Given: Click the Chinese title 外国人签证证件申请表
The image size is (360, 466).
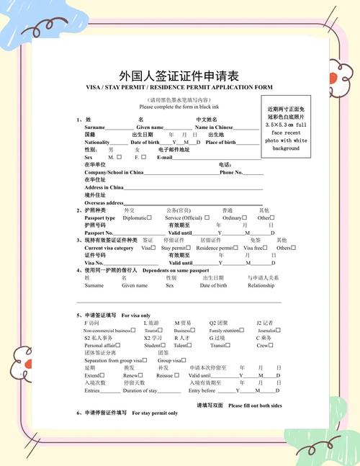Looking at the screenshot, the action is pos(179,76).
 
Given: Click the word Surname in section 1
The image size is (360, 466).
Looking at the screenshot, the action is pos(95,127).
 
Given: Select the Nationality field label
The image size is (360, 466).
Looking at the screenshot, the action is pos(97,142).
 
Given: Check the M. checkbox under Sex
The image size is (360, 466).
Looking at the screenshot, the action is pos(120,157).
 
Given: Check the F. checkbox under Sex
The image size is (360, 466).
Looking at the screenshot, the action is pos(143,157).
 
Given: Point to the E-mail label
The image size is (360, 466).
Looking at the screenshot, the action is pos(165,157).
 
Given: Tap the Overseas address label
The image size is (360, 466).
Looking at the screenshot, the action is pos(104,203).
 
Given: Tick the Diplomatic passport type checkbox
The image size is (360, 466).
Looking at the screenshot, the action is pos(149,218).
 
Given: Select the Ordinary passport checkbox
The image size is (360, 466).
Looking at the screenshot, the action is pos(245,218).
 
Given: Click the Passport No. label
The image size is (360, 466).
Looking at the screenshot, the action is pos(99,233).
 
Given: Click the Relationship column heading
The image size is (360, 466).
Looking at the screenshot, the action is pos(261,285).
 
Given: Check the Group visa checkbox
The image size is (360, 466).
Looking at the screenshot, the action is pos(184,360).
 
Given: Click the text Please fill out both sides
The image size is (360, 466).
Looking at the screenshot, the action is pos(256,405).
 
